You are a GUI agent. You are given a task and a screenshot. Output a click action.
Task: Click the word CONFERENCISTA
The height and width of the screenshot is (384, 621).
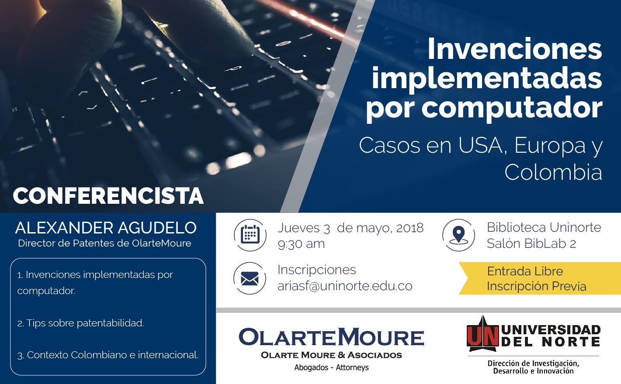(x=108, y=196)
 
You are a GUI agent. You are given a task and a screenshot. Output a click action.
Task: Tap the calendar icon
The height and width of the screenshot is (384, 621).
(x=250, y=235)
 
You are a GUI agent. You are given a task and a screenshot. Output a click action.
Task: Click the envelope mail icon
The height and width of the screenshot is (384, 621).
(x=250, y=278)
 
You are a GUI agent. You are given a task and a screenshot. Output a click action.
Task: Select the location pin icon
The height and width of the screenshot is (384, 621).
(x=458, y=235)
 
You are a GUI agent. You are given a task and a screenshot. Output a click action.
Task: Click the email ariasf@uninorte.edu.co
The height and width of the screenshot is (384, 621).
(x=345, y=286)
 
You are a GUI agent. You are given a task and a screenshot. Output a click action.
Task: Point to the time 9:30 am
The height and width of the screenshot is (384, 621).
(x=301, y=244)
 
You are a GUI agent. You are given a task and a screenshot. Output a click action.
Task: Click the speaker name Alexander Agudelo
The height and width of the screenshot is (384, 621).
(x=106, y=228)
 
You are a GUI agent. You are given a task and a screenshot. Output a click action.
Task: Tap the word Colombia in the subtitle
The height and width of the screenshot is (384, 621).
(x=553, y=172)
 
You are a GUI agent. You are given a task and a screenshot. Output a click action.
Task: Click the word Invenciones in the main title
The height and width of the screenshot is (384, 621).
(x=515, y=49)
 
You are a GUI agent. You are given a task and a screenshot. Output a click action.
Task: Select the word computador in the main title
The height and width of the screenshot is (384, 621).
(x=512, y=107)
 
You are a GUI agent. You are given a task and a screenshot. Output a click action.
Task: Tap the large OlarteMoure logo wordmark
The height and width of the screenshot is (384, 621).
(x=331, y=337)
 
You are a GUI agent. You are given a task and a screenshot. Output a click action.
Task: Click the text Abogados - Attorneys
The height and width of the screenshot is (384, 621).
(x=331, y=367)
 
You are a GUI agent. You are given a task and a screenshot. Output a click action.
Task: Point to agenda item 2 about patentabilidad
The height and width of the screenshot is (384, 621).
(x=80, y=323)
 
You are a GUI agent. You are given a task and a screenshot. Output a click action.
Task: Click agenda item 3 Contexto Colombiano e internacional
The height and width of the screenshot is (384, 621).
(x=108, y=355)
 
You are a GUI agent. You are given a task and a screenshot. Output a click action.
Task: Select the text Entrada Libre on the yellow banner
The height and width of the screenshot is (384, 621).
(x=525, y=271)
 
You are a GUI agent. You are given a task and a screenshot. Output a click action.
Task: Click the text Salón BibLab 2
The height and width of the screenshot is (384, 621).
(x=531, y=243)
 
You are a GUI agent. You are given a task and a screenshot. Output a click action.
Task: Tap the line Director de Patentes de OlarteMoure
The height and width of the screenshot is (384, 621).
(x=104, y=243)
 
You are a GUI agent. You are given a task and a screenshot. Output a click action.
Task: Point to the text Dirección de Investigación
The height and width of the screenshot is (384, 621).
(x=533, y=363)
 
